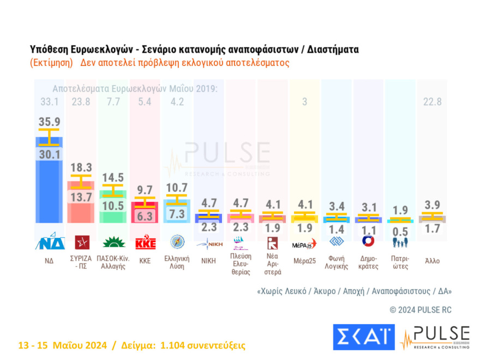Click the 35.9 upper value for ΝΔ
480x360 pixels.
[x=49, y=122]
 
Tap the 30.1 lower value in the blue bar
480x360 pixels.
[x=49, y=155]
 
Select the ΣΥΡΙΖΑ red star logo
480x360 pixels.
[x=80, y=242]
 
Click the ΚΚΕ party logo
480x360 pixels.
[x=145, y=242]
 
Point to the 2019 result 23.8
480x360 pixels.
[x=80, y=101]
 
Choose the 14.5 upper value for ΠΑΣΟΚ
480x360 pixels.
[x=113, y=177]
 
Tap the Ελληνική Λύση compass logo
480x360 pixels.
[x=177, y=242]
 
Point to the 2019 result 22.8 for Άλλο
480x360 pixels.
[x=432, y=101]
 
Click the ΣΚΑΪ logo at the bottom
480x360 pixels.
[x=363, y=337]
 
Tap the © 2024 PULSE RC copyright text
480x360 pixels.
[x=421, y=310]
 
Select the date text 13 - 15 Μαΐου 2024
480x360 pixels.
[x=62, y=345]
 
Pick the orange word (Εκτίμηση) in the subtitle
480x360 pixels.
[x=52, y=63]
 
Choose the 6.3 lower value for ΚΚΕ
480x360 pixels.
[x=145, y=217]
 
